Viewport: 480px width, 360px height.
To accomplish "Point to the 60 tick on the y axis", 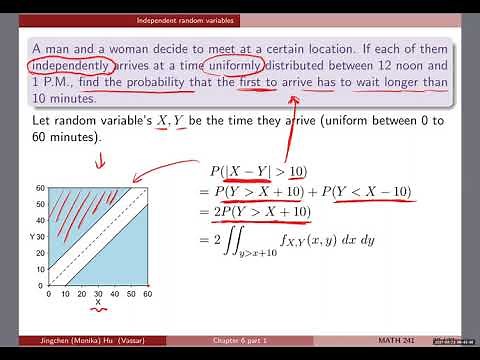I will click(x=42, y=188).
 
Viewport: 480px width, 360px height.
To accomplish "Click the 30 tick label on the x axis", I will click(x=98, y=295).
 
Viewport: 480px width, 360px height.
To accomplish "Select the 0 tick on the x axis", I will click(x=50, y=295).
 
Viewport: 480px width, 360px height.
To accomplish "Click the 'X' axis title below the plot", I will click(x=98, y=306).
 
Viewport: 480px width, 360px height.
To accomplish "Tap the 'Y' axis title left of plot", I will click(x=32, y=236).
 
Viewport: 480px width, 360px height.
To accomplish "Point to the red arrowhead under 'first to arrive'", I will click(x=293, y=100).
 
